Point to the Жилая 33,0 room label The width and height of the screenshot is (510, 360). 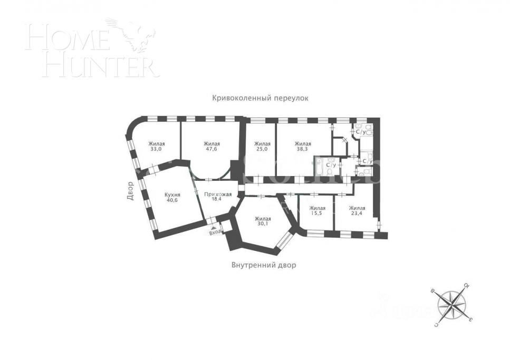156,146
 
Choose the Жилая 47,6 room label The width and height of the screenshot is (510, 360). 211,146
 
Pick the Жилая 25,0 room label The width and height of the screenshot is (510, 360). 262,146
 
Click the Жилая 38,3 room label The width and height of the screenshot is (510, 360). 303,146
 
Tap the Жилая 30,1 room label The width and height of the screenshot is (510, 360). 262,222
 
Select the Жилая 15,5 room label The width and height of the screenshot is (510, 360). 317,211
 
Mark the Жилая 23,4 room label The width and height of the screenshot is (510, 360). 357,211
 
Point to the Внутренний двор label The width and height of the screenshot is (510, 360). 263,265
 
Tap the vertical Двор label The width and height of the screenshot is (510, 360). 130,191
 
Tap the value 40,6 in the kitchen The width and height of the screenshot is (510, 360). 172,201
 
